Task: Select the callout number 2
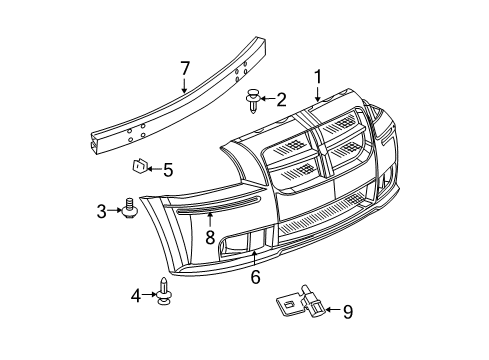[282, 99]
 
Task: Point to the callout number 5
[167, 170]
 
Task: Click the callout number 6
[256, 279]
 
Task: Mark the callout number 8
[210, 238]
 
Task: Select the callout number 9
[346, 314]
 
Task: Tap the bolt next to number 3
[130, 208]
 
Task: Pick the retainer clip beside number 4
[163, 291]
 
